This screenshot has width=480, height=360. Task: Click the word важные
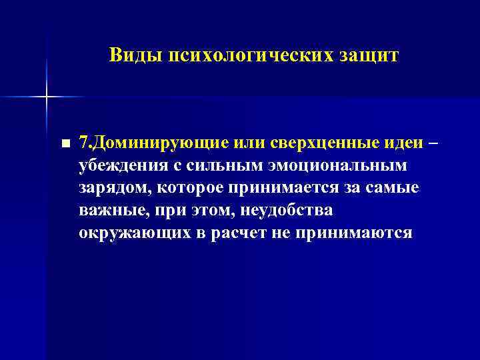(107, 211)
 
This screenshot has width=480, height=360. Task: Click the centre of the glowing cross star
(46, 97)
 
